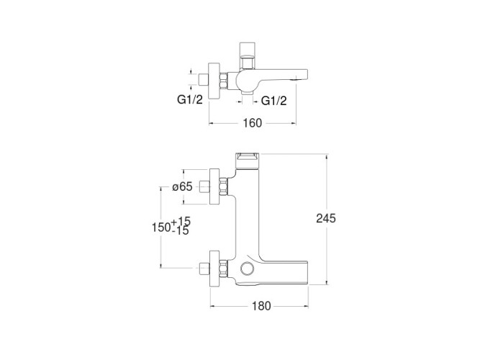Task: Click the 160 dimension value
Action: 253,123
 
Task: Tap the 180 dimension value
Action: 261,306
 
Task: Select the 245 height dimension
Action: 326,218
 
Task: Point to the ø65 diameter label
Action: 182,186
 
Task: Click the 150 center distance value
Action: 161,228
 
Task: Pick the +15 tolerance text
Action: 181,221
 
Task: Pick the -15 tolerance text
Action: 181,230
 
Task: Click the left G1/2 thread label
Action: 190,99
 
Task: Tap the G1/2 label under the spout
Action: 274,101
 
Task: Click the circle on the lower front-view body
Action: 247,268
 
